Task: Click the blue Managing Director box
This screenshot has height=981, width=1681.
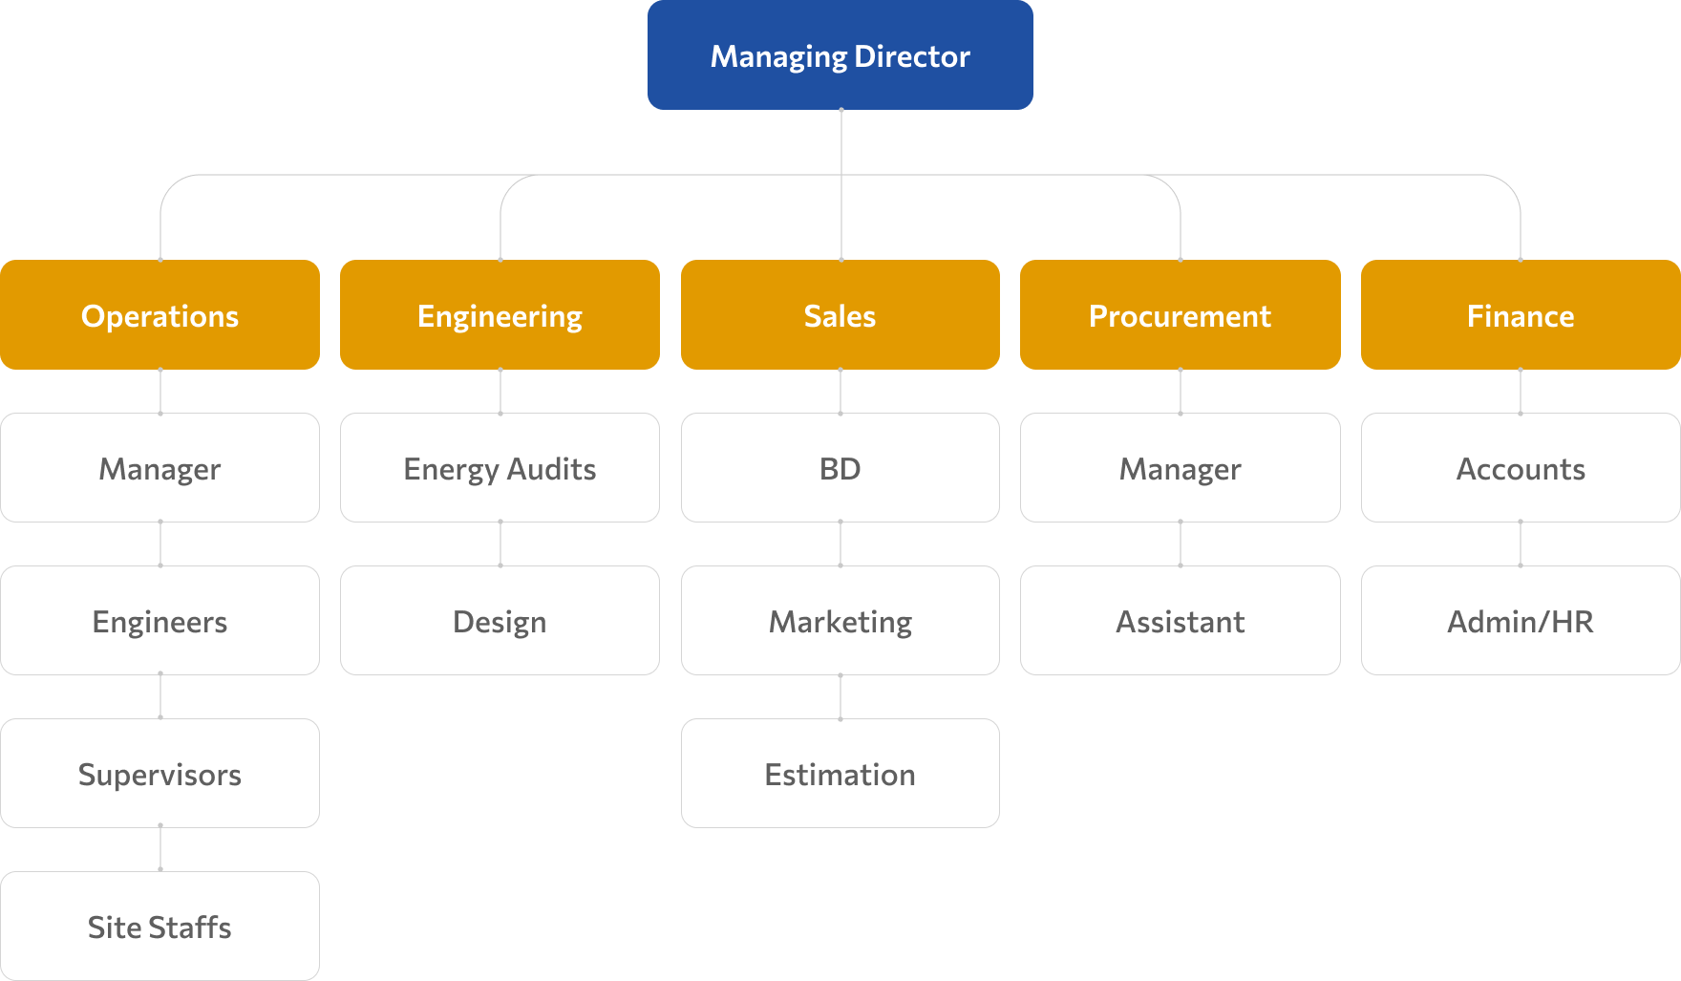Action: pos(840,55)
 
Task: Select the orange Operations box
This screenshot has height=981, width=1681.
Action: pos(160,315)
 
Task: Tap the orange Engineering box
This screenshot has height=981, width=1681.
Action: pos(500,315)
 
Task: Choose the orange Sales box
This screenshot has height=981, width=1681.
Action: pos(840,315)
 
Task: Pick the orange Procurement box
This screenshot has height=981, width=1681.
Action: pos(1180,315)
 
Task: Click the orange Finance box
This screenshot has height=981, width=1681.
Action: pos(1520,315)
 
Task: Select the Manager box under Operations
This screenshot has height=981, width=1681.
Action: pos(160,468)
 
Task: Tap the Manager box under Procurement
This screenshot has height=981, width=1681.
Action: pos(1180,468)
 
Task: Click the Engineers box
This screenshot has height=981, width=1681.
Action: pos(160,621)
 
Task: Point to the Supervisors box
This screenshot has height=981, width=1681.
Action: pos(160,774)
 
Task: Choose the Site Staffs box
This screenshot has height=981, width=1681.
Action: pos(160,927)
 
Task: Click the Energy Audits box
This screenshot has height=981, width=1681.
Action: pos(500,468)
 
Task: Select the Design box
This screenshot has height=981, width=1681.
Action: pos(500,621)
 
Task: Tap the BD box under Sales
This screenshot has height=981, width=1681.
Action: pos(840,468)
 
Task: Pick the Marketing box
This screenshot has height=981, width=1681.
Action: pos(840,621)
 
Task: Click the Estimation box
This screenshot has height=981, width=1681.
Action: pos(840,774)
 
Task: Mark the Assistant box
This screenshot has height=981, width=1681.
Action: pos(1180,621)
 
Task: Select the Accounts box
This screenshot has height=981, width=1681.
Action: pos(1520,468)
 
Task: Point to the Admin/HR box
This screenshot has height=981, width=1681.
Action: pos(1520,621)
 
